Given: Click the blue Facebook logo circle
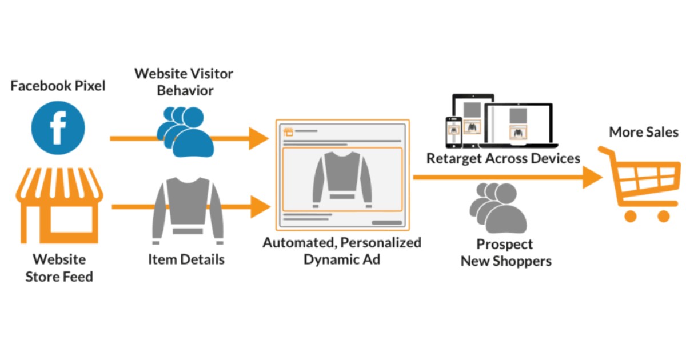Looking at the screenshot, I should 57,128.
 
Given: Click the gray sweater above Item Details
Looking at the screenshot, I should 188,208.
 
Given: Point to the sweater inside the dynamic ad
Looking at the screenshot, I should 342,178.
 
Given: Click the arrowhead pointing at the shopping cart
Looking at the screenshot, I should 593,178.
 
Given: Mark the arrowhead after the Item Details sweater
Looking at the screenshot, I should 258,206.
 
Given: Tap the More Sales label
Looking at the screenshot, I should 643,132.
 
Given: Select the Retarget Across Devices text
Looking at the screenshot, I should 503,158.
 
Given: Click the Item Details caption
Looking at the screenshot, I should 186,259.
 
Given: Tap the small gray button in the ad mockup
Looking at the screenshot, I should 386,222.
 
